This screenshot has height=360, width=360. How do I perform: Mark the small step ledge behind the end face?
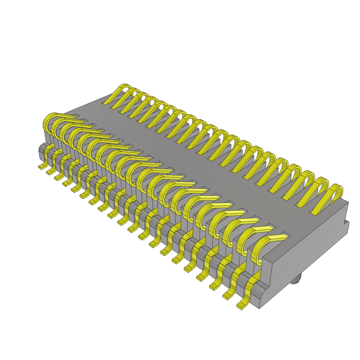pyautogui.click(x=347, y=227)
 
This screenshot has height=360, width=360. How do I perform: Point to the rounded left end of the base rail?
pyautogui.click(x=41, y=151)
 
